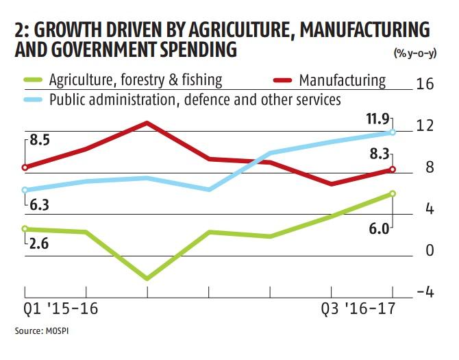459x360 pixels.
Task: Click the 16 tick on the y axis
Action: (x=425, y=84)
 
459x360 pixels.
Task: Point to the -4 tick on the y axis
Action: (x=425, y=291)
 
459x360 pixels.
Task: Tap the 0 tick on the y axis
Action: (x=430, y=250)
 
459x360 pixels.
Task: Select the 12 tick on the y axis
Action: (x=425, y=125)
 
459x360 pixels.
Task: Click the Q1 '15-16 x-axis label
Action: (x=60, y=309)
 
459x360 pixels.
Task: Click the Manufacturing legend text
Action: (x=343, y=80)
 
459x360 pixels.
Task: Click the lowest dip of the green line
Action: (x=147, y=278)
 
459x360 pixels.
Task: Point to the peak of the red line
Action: (x=147, y=123)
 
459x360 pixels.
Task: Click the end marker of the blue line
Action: (x=393, y=132)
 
